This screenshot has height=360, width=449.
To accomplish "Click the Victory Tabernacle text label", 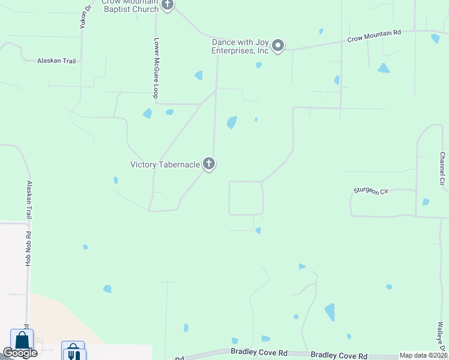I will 165,164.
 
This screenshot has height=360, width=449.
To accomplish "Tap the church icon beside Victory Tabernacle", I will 208,163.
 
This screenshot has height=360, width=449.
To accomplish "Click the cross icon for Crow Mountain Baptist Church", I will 167,5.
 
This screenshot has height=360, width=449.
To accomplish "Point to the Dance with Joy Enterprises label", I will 240,46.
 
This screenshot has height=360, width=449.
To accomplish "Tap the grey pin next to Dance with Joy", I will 278,46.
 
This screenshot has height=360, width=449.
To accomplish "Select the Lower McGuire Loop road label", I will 155,68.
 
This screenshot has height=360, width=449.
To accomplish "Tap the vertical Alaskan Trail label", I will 28,201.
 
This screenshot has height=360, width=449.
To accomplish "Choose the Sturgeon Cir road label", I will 371,191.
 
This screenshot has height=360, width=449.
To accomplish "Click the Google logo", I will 20,353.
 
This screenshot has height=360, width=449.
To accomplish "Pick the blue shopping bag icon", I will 22,341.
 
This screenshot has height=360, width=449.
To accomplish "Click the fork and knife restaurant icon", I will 73,352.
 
